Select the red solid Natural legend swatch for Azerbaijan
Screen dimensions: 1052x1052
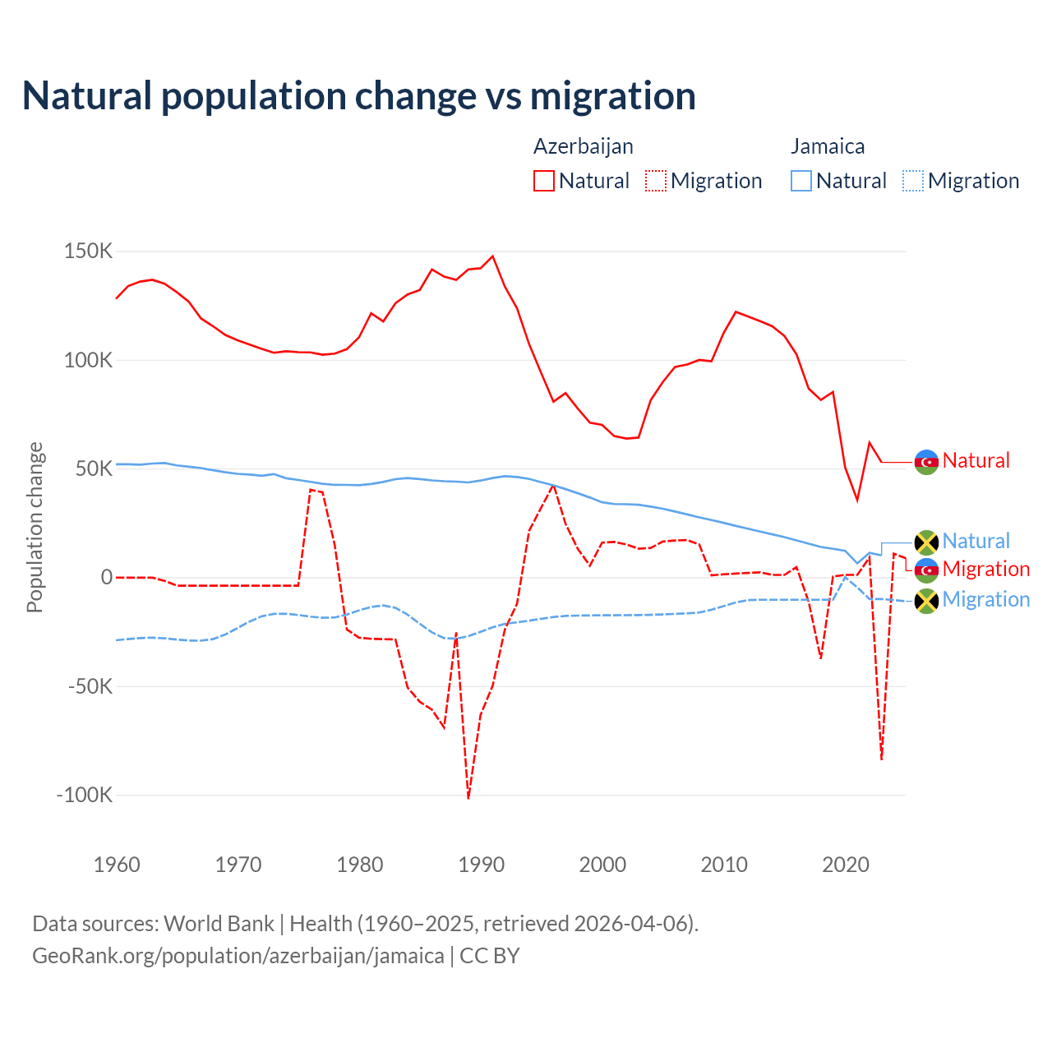tap(543, 181)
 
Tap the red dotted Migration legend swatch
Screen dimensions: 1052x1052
tap(655, 181)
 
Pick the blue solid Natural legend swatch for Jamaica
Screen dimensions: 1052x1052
tap(801, 181)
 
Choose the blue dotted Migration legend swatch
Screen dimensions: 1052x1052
tap(912, 181)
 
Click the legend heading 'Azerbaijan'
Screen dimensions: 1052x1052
tap(583, 146)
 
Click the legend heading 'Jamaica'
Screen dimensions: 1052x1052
tap(827, 146)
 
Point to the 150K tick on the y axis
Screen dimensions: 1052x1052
tap(88, 251)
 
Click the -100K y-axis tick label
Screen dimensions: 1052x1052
tap(84, 795)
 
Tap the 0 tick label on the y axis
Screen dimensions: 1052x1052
tap(106, 578)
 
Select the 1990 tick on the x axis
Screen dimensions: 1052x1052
tap(481, 865)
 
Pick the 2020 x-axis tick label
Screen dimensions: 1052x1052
tap(846, 865)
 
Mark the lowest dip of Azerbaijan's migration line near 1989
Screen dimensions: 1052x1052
tap(468, 797)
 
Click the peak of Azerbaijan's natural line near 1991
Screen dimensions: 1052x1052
tap(493, 256)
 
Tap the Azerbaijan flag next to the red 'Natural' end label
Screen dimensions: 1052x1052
tap(926, 462)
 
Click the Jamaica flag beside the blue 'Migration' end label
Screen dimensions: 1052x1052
tap(926, 601)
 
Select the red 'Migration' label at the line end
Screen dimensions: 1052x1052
tap(985, 569)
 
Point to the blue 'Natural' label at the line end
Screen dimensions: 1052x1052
tap(976, 541)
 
